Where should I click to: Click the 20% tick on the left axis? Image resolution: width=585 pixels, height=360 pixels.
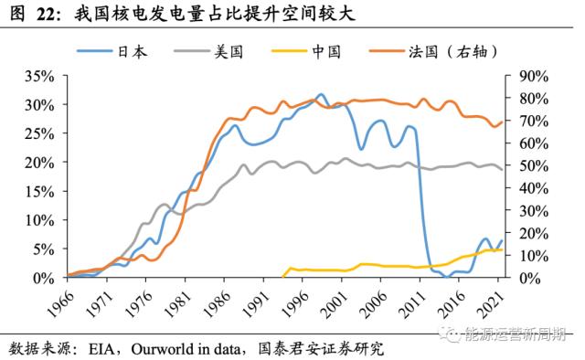point(42,162)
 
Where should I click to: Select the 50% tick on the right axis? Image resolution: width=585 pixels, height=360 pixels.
point(533,165)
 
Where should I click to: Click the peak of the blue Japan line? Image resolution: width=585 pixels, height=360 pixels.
point(321,94)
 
